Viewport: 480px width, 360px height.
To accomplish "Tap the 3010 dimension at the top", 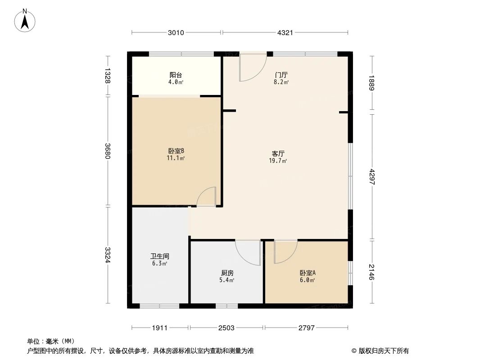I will tap(176, 32).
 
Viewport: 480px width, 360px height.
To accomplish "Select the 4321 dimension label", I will tap(285, 32).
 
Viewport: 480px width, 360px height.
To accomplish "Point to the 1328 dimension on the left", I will tap(107, 76).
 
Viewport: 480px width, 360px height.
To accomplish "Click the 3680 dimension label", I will tap(107, 151).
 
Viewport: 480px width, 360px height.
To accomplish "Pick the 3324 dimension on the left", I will tap(107, 255).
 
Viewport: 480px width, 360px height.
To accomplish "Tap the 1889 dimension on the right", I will tap(372, 83).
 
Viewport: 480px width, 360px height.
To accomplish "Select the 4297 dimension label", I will tap(372, 177).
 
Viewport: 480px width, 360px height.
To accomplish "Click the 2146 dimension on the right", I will tap(372, 272).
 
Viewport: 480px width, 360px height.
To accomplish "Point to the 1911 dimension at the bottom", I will tap(160, 328).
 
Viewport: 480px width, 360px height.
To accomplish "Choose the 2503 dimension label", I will tap(226, 328).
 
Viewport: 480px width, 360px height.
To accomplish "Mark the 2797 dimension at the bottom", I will tap(306, 328).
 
